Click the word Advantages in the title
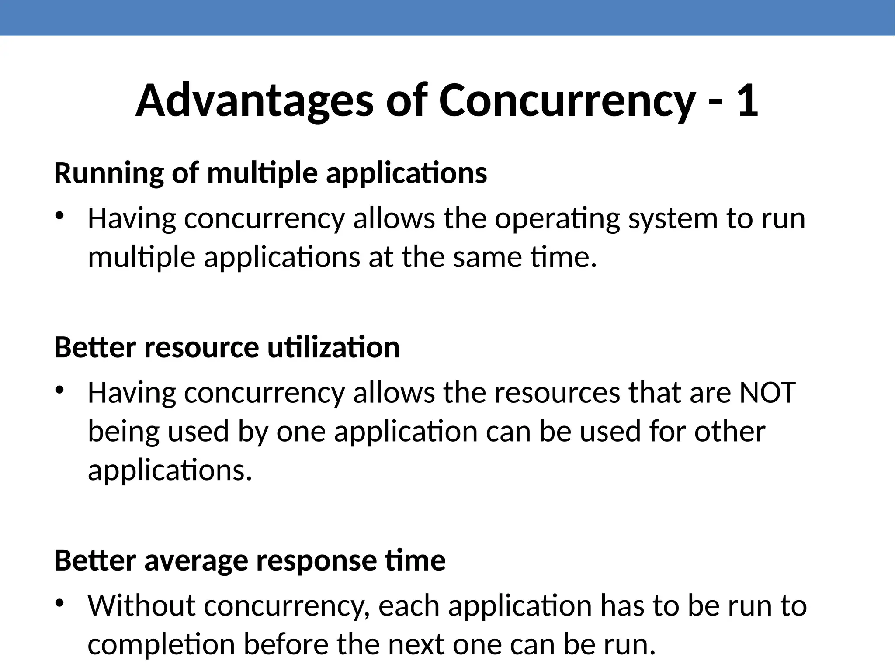coord(254,101)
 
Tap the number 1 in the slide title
coord(747,101)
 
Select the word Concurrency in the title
coord(567,101)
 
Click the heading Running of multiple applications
coord(270,173)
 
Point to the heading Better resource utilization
coord(226,348)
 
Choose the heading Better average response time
coord(250,560)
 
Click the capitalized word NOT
coord(767,392)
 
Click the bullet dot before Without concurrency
coord(59,603)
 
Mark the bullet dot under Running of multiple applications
coord(59,215)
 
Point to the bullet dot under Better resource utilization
coord(59,390)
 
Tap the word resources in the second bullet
coord(557,392)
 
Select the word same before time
coord(487,257)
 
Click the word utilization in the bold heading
coord(333,348)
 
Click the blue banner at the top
coord(447,17)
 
